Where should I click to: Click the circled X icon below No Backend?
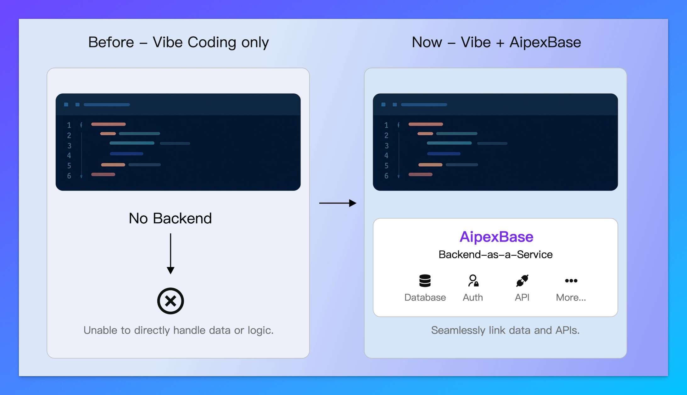point(170,301)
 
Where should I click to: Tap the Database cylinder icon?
point(425,281)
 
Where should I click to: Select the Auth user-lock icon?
point(473,281)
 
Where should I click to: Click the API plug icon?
point(522,281)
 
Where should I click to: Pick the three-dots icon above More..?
point(571,281)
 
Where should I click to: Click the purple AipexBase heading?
point(496,237)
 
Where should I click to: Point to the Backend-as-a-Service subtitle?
point(495,254)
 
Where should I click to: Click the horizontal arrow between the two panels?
point(338,203)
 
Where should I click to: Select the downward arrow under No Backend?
point(170,253)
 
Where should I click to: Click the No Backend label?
point(170,218)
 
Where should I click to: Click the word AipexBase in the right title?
point(545,42)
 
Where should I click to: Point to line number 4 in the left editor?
point(69,155)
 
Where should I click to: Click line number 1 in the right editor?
point(386,125)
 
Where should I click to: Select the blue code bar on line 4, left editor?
point(126,154)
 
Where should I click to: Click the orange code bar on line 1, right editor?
point(426,124)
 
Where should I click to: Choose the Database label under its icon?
point(425,298)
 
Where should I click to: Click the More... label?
point(571,298)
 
